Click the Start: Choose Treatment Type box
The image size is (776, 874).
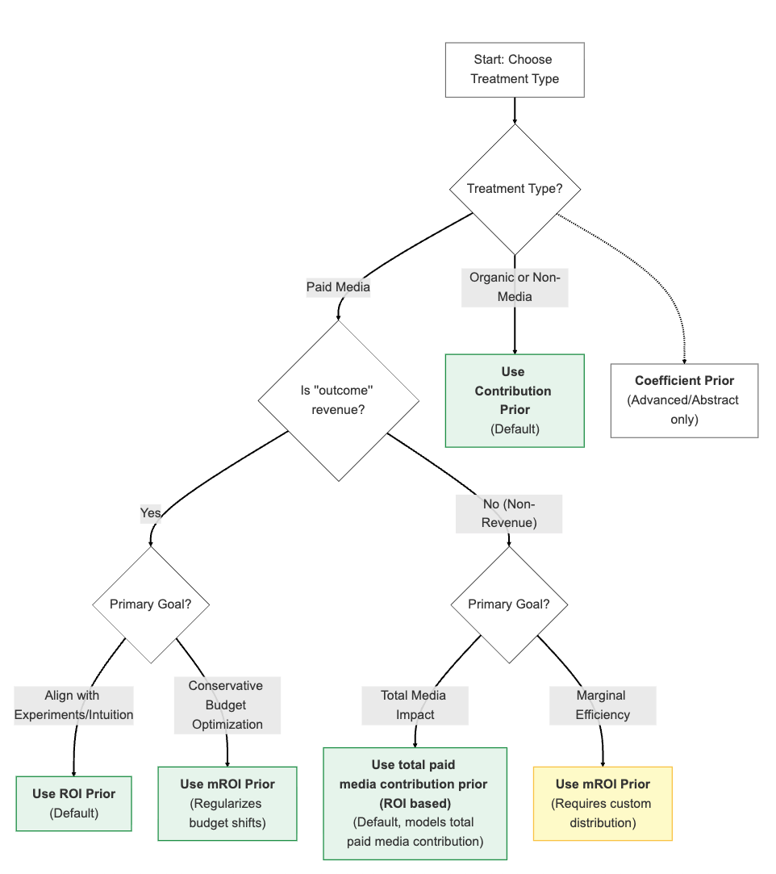(x=515, y=69)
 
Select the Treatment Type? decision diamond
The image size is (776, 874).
(x=515, y=189)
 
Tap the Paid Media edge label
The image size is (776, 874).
(x=338, y=287)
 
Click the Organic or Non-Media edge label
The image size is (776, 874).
(x=515, y=287)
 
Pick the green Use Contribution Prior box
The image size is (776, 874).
(x=515, y=400)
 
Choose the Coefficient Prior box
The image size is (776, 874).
(x=684, y=400)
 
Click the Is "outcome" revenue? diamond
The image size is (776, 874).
(x=338, y=400)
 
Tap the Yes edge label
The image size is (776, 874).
(x=151, y=513)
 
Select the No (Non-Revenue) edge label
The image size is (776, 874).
(x=509, y=513)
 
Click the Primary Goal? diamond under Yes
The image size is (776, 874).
(x=151, y=604)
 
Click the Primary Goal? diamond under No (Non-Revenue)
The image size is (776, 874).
(x=509, y=604)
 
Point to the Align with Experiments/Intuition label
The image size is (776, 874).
(x=73, y=705)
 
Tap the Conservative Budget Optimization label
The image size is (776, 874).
(x=227, y=705)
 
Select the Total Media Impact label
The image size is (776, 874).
(x=415, y=705)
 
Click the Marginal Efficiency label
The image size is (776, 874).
(x=603, y=705)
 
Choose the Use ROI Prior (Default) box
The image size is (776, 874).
(x=73, y=803)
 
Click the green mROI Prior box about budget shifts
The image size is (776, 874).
(x=227, y=803)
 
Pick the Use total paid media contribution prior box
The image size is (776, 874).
(x=415, y=803)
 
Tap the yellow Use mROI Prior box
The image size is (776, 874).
(x=603, y=803)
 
